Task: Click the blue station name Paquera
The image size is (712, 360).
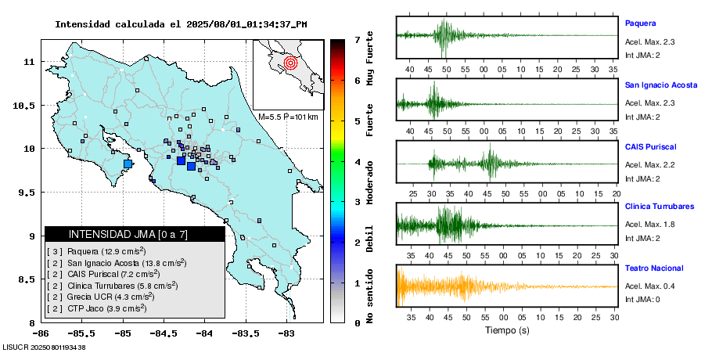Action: (640, 23)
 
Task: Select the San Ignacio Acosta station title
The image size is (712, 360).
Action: (660, 85)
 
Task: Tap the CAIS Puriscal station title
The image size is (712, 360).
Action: (650, 146)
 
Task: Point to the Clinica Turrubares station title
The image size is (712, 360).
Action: (659, 207)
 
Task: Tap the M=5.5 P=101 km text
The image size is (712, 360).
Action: (287, 117)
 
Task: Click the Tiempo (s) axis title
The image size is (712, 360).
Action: (507, 330)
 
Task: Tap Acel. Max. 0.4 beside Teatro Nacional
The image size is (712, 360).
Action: (649, 286)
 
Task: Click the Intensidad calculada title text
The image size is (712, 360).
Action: (181, 23)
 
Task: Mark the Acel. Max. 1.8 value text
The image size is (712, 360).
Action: (649, 225)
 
